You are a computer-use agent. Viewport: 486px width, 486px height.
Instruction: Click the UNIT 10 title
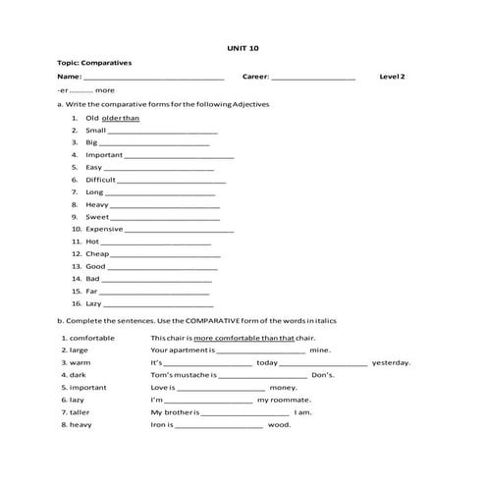[243, 47]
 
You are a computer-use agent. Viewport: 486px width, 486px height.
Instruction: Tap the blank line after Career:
[313, 77]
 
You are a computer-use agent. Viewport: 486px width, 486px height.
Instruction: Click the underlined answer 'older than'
[121, 118]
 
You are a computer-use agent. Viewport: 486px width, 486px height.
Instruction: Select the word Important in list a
[104, 155]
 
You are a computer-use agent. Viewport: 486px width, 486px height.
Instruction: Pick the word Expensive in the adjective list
[104, 229]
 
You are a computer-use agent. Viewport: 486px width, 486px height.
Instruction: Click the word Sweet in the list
[97, 217]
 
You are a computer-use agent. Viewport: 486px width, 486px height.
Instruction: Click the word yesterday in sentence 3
[391, 362]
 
